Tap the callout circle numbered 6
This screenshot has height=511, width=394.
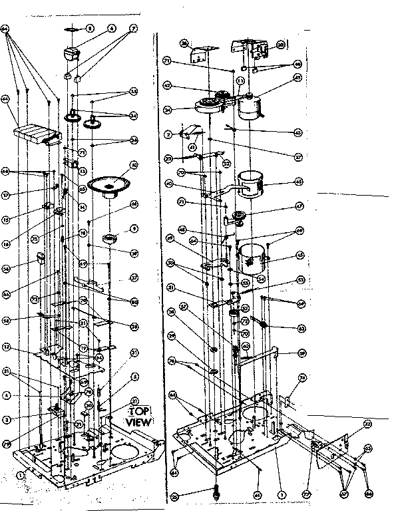coord(112,29)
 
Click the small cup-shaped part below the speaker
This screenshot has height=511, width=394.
coord(112,238)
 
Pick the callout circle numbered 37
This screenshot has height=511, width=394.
coord(134,277)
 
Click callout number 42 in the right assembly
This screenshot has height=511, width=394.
coord(168,85)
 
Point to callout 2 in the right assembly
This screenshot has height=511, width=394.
coord(168,134)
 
